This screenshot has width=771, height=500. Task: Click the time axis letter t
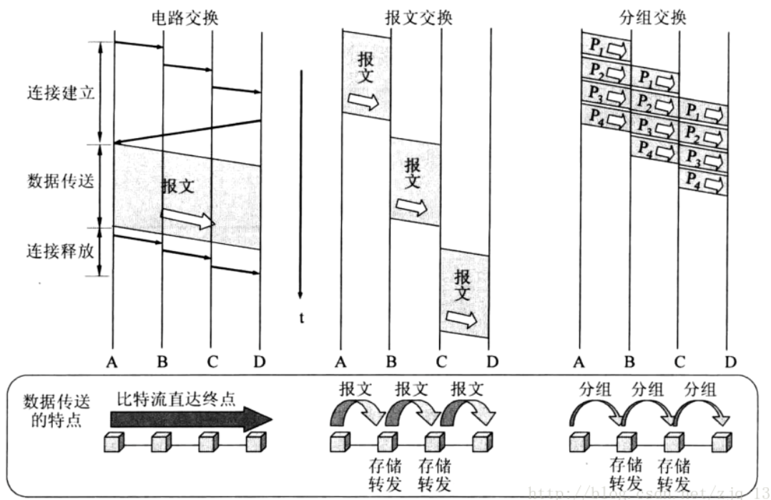(302, 318)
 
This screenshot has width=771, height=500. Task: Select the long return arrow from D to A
(187, 132)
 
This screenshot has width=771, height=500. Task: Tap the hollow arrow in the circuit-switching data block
(188, 218)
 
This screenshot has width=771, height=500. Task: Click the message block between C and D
(465, 293)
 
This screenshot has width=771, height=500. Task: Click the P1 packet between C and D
(703, 112)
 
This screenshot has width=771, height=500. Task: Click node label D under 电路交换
(259, 363)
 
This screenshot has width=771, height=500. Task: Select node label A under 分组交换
(579, 363)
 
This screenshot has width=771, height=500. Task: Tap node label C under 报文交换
(441, 363)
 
